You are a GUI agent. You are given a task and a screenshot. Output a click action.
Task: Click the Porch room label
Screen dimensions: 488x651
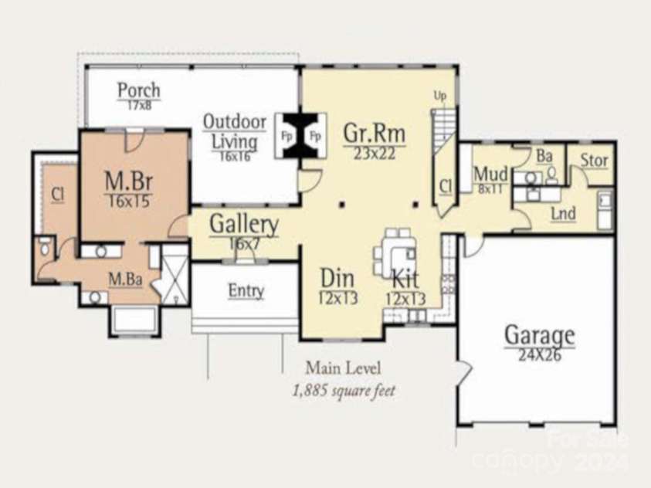pos(139,90)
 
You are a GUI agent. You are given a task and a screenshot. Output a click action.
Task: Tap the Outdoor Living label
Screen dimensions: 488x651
pos(235,132)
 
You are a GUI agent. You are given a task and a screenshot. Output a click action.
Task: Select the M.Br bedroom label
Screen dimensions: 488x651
pos(128,183)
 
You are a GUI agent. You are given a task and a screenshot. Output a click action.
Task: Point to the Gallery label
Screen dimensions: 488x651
pos(244,225)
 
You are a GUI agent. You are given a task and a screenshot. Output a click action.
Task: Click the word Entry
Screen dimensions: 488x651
pos(246,291)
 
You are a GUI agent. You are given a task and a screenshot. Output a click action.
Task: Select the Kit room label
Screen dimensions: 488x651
pos(405,279)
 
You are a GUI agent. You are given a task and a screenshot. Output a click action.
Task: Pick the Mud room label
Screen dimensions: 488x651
pos(490,173)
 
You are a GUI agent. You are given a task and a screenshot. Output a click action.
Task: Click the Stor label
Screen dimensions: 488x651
pos(594,161)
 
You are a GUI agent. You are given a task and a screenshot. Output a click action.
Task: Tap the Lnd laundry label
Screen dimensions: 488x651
pos(563,213)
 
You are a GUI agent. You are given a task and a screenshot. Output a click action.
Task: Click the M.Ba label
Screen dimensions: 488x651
pos(124,279)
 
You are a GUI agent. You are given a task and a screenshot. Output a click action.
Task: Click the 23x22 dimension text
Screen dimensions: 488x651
pos(375,153)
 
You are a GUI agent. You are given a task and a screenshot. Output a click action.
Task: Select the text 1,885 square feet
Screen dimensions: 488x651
pos(344,391)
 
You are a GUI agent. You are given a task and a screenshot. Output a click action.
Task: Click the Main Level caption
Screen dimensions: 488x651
pos(343,368)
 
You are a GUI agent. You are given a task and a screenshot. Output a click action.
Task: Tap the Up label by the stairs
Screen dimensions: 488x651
pos(440,96)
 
